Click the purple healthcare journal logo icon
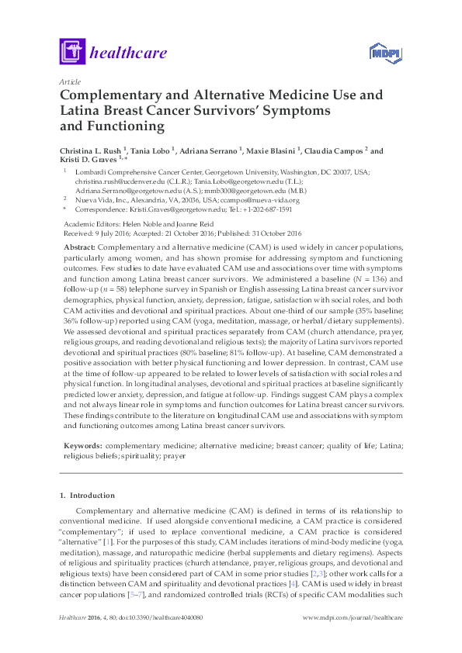click(72, 52)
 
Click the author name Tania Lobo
click(150, 151)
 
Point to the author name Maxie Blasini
click(277, 151)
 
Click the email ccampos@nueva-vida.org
click(255, 199)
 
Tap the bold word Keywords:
click(82, 447)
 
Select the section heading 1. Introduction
click(87, 496)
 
